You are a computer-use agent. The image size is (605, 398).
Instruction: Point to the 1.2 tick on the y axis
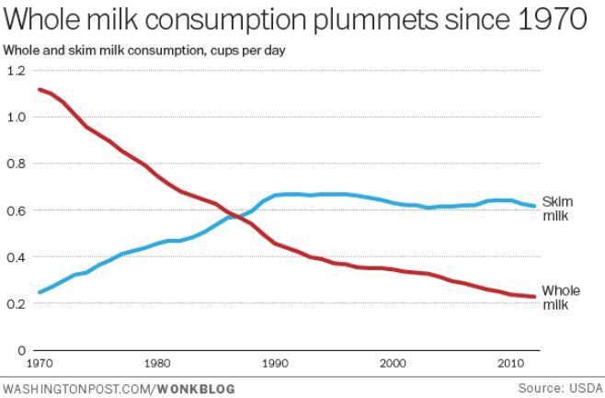(16, 71)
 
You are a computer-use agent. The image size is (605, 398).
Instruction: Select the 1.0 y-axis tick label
(16, 118)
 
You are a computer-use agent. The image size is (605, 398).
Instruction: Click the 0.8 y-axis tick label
(16, 164)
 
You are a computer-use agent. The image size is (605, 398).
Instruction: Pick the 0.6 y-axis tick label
(16, 210)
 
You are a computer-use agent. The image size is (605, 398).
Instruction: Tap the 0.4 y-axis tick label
(16, 257)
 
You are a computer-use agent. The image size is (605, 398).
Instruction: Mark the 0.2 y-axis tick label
(16, 304)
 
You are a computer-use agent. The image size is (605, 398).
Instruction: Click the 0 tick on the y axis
(21, 350)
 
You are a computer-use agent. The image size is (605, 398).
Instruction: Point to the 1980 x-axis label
(157, 363)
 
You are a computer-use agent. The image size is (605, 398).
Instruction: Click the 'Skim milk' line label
(557, 208)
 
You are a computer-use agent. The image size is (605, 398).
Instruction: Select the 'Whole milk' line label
(560, 297)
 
